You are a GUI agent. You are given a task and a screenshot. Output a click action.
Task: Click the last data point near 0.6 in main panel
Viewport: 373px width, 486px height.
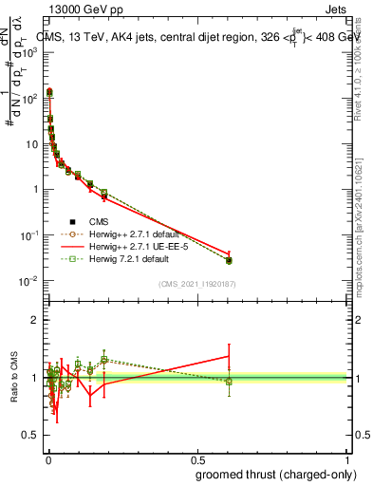pos(229,260)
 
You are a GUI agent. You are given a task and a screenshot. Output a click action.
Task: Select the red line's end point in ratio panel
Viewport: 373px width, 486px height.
pos(229,356)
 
